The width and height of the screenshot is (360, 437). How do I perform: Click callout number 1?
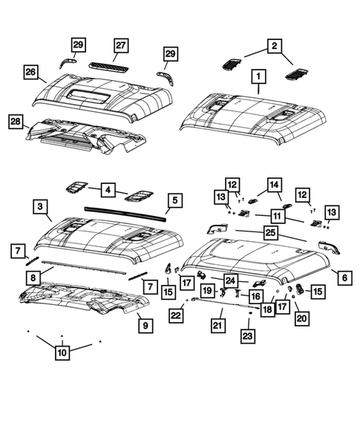[x=259, y=76]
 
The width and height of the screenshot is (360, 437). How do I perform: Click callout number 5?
[x=174, y=200]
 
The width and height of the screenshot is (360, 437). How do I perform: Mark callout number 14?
[x=274, y=184]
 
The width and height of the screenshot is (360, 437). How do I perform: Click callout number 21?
[x=217, y=325]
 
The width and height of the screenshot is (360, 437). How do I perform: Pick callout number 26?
[x=30, y=72]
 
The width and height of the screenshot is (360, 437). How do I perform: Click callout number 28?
[x=14, y=122]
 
